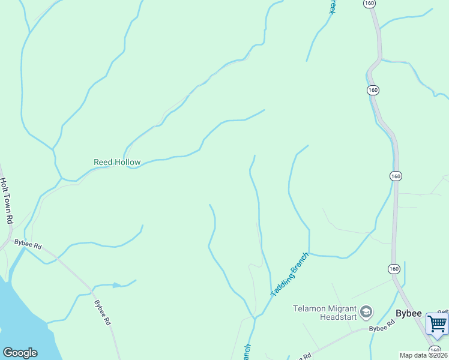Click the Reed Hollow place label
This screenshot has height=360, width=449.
pyautogui.click(x=117, y=162)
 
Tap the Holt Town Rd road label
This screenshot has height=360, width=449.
pyautogui.click(x=6, y=201)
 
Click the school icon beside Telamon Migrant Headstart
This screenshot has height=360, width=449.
pyautogui.click(x=366, y=313)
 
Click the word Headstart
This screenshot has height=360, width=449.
pyautogui.click(x=339, y=317)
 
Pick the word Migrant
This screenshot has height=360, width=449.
pyautogui.click(x=341, y=308)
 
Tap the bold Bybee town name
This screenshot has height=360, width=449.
pyautogui.click(x=409, y=313)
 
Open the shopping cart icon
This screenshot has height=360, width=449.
pyautogui.click(x=437, y=324)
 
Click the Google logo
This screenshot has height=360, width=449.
pyautogui.click(x=20, y=353)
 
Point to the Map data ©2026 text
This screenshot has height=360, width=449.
pyautogui.click(x=424, y=355)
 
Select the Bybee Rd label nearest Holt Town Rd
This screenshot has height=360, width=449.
pyautogui.click(x=28, y=245)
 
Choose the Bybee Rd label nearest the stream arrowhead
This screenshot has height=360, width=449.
pyautogui.click(x=103, y=312)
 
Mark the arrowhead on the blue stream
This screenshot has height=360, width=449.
pyautogui.click(x=116, y=285)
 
